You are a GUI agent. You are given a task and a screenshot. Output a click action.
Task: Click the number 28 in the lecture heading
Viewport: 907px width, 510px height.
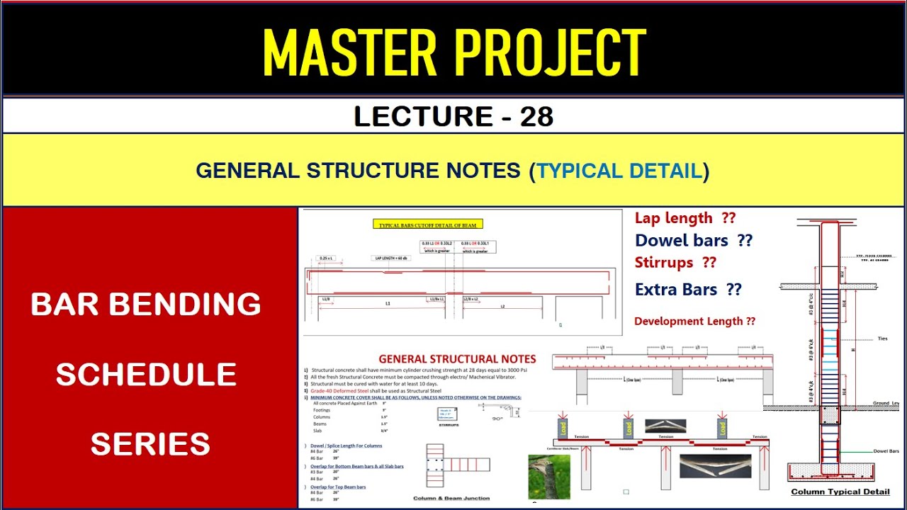coord(536,116)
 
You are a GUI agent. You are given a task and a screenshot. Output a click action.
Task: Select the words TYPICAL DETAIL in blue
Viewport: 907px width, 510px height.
coord(619,171)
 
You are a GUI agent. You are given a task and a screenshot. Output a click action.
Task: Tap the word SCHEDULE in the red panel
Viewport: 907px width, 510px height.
coord(146,375)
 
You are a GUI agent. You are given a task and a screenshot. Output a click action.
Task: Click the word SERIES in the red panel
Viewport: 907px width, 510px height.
coord(150,444)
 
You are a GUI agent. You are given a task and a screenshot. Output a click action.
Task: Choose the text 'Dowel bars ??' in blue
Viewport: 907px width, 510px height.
coord(693,240)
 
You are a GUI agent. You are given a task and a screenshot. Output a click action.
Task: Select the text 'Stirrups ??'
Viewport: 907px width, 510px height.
coord(675,263)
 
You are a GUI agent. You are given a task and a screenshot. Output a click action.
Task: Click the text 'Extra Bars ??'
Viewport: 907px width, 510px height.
coord(688,289)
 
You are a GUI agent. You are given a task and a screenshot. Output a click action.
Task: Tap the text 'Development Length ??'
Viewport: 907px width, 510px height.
coord(694,321)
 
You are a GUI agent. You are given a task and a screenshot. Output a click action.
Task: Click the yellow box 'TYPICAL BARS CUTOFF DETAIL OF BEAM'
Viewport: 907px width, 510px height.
coord(428,225)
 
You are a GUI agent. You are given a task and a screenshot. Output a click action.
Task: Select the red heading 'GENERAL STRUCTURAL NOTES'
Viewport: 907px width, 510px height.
coord(457,359)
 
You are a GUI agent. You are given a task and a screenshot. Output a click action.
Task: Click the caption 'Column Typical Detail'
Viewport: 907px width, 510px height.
coord(840,492)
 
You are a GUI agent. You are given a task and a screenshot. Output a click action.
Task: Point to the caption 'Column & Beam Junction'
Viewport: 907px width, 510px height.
coord(451,498)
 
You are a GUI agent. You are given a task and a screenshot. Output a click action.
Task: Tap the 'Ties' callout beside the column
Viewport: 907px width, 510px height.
coord(881,339)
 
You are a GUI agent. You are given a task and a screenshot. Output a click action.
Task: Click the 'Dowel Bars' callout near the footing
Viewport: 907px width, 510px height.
coord(886,450)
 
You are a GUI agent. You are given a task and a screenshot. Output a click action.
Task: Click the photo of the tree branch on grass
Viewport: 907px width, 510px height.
coord(549,476)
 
